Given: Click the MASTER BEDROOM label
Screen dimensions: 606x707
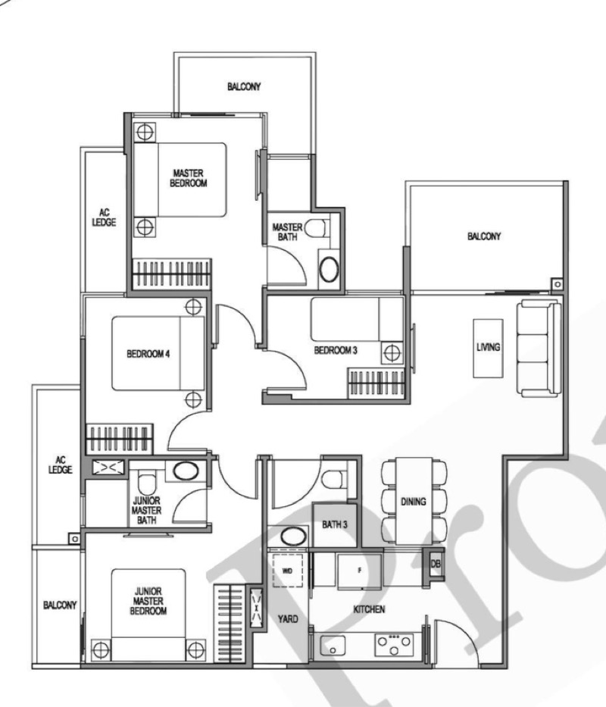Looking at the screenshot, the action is pos(189,178).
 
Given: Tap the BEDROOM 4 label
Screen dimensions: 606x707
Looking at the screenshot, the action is pos(148,354).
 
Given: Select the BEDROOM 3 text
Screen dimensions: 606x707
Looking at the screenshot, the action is pos(336,350).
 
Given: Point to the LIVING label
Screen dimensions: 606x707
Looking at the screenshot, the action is pos(489,347).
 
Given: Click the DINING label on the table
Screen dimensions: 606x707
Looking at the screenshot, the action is pos(414,502).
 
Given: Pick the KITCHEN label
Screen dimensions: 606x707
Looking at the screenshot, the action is pos(370,609).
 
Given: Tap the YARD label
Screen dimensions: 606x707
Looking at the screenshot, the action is pos(288,618).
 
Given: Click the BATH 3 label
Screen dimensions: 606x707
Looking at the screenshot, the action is pos(335,524).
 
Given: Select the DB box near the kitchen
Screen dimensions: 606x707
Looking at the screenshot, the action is pos(436,564).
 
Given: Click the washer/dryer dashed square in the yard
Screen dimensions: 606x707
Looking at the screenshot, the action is pos(288,571).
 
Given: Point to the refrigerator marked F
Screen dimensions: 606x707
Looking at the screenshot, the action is pos(359,571).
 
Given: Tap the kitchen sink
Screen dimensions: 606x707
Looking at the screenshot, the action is pos(333,646).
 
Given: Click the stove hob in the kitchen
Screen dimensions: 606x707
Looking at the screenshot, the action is pos(394,645).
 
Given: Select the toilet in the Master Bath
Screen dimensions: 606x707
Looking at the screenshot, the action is pos(316,228).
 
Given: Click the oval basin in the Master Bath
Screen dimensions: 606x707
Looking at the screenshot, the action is pos(330,269).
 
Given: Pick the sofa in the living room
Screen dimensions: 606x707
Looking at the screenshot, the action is pos(539,349).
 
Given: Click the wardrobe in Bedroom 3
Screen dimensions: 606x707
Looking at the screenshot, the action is pos(376,383).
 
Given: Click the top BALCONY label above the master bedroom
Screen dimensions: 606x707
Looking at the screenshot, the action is pos(244,86).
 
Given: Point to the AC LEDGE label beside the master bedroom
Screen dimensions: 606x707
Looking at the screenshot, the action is pos(105,217).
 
